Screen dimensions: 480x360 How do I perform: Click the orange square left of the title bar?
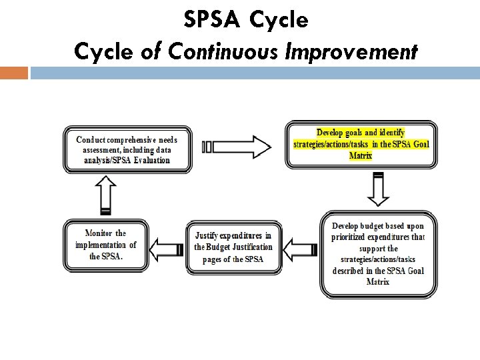(x=14, y=73)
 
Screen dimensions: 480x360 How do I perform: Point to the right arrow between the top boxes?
(x=236, y=147)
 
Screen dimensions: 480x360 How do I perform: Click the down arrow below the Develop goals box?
(x=378, y=189)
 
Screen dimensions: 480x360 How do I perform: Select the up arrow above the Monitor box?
(x=105, y=194)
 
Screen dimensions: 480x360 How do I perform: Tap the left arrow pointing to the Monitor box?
(x=166, y=250)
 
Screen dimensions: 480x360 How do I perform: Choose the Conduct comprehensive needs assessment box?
(x=127, y=149)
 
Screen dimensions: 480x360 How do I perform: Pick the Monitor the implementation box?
(x=105, y=245)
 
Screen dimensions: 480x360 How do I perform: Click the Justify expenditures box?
(x=233, y=247)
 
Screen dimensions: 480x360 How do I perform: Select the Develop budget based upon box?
(x=378, y=253)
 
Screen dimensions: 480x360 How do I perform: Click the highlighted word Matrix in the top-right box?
(x=361, y=156)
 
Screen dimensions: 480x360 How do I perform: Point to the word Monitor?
(x=98, y=233)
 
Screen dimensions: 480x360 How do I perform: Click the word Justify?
(x=209, y=235)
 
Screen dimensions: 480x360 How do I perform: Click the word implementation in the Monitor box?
(x=101, y=245)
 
